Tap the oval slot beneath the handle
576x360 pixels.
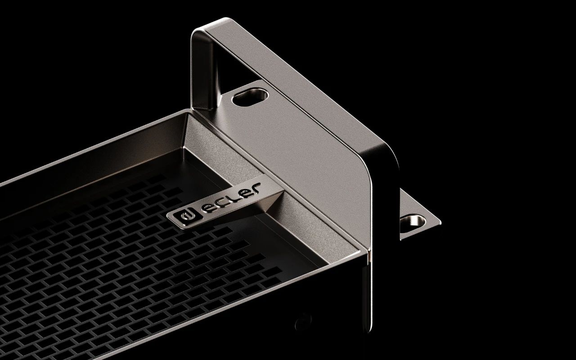[x=250, y=97]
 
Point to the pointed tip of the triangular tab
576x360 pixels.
[x=440, y=222]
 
